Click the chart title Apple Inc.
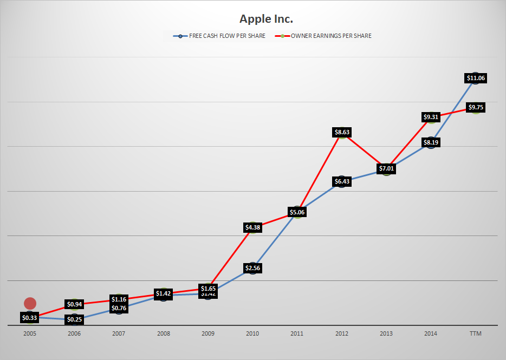pos(266,19)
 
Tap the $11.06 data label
pos(476,78)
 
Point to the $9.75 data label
pos(475,107)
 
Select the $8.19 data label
pos(431,142)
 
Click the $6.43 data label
pos(342,181)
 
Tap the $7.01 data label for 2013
pos(386,168)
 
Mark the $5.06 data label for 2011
pos(297,212)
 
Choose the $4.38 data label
pos(253,227)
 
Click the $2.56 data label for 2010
pos(253,267)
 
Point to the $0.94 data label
pos(75,304)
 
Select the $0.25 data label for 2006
pos(75,319)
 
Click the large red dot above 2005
pos(30,304)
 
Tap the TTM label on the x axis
pos(475,334)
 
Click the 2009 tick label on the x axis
pos(208,334)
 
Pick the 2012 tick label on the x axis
pos(342,334)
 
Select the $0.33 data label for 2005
pos(30,317)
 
